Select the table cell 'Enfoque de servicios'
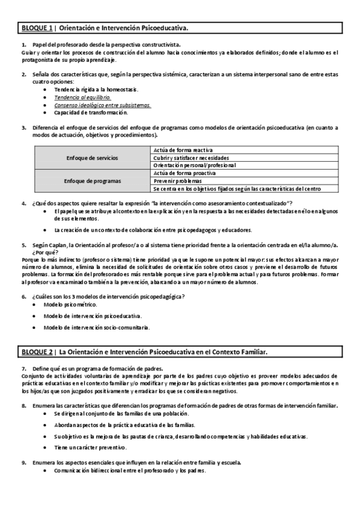click(92, 158)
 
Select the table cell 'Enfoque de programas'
click(92, 180)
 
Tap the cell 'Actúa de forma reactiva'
click(183, 150)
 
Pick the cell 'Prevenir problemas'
click(177, 180)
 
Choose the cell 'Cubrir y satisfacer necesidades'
click(191, 158)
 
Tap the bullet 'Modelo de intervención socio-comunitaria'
click(96, 328)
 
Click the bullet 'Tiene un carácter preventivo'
click(90, 448)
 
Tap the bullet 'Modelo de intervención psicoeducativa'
click(93, 316)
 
